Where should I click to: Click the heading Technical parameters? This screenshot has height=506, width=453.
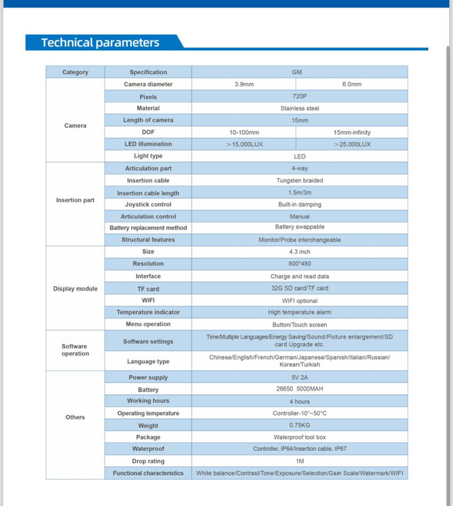100,43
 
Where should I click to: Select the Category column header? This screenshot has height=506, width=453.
75,72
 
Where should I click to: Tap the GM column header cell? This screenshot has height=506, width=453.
299,72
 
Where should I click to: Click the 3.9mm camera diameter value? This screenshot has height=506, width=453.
244,84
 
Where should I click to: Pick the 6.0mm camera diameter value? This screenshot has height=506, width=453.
352,84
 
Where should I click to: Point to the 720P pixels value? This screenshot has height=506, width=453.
299,96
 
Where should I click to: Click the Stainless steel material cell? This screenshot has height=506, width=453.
299,108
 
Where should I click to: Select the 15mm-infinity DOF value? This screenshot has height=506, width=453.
352,132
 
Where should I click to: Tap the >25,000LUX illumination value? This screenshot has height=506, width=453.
352,144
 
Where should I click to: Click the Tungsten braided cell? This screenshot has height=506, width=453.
299,180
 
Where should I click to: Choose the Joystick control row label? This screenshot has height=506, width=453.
148,204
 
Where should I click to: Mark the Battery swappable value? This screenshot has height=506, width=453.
299,227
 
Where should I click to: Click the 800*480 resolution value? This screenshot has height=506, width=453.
299,264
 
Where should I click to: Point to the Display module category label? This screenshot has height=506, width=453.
75,289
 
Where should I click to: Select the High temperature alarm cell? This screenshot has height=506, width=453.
299,312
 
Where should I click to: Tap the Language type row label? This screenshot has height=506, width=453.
148,362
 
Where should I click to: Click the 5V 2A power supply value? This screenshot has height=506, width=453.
299,378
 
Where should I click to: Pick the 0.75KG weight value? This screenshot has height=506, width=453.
299,426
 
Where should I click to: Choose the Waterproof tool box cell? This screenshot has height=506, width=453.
299,437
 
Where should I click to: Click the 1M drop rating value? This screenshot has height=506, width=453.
299,461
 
